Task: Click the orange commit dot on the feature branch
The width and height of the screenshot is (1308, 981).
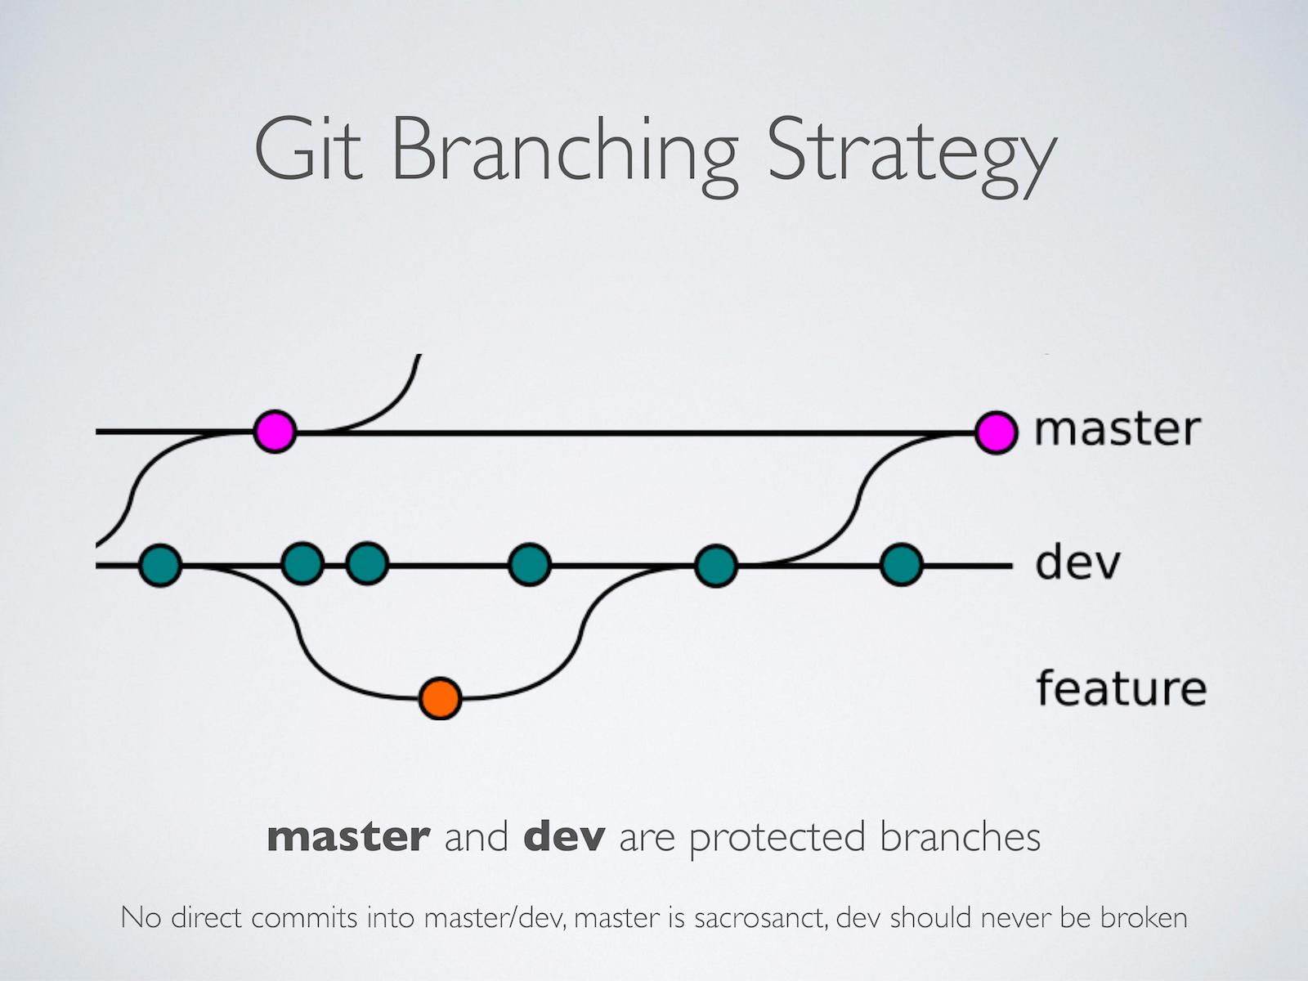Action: click(x=440, y=698)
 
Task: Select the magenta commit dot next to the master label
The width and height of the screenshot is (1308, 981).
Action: click(x=996, y=431)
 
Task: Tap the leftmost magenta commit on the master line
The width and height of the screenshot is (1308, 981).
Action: click(x=274, y=431)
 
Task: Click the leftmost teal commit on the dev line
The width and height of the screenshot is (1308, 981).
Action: click(x=160, y=564)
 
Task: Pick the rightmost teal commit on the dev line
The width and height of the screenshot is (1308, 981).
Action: click(x=901, y=564)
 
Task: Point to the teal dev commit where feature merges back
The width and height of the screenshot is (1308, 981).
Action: click(x=715, y=564)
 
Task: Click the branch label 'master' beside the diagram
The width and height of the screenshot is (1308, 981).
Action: click(x=1117, y=429)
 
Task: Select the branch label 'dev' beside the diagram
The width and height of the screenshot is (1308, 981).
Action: click(x=1077, y=562)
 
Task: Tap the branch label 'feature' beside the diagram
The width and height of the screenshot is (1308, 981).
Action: click(x=1121, y=688)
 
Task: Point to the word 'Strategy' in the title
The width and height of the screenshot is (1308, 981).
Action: click(x=911, y=155)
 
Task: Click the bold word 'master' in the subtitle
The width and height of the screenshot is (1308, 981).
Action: click(x=348, y=836)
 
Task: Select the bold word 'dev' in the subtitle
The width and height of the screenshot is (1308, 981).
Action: click(x=564, y=836)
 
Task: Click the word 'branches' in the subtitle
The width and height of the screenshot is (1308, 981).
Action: click(x=960, y=836)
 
